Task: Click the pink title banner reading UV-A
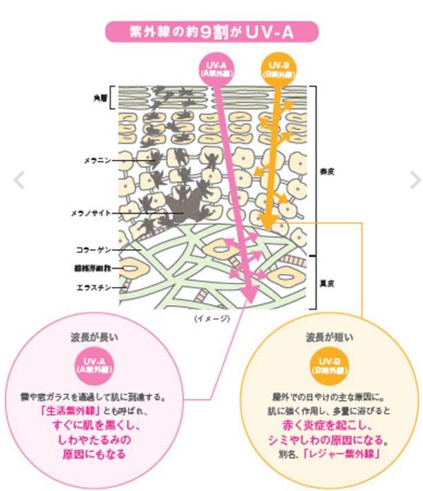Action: point(211,31)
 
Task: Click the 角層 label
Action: point(101,99)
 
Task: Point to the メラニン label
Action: point(98,160)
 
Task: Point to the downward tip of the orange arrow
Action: point(271,226)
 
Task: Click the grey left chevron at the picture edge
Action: point(19,181)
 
